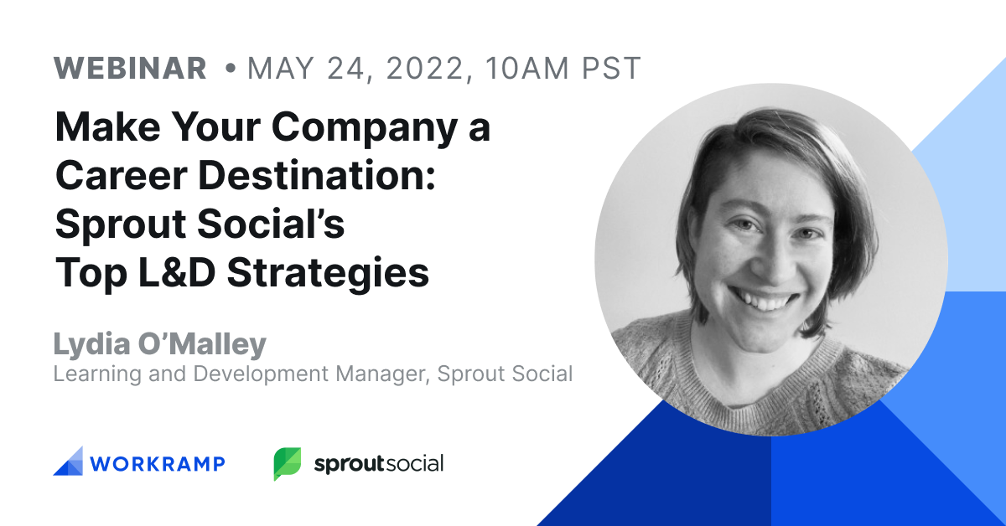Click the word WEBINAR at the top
tap(130, 69)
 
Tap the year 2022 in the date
tap(424, 69)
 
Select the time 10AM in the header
tap(527, 69)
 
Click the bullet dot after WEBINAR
tap(231, 69)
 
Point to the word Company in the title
tap(364, 128)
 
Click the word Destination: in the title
tap(317, 176)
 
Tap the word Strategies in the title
tap(328, 274)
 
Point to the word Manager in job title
tap(383, 374)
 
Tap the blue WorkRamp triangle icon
tap(68, 462)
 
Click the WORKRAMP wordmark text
tap(158, 464)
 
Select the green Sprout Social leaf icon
tap(288, 463)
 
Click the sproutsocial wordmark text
tap(379, 464)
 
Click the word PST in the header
tap(611, 69)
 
